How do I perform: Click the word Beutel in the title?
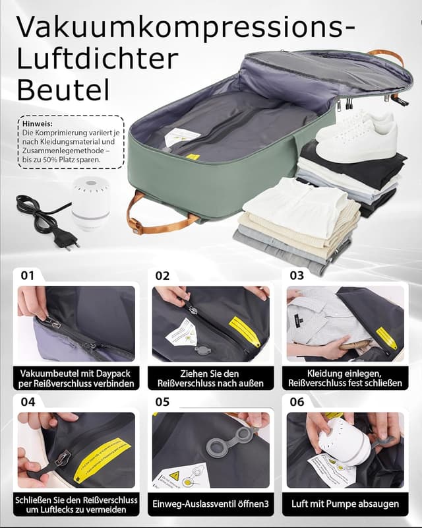coord(63,89)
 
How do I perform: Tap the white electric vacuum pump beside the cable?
coord(90,202)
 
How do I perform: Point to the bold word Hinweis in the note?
coord(38,123)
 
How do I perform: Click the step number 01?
coord(27,275)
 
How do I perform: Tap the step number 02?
coord(163,275)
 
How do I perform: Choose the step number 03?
coord(297,275)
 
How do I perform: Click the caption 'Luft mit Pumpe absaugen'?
coord(345,504)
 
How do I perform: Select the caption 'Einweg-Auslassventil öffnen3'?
coord(211,504)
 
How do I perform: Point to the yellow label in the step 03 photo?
coord(386,338)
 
